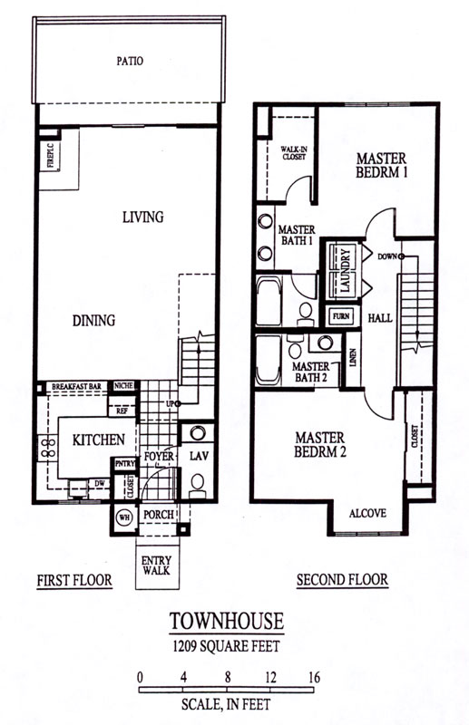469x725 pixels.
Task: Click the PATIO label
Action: click(130, 61)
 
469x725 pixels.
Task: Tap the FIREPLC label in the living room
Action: click(51, 156)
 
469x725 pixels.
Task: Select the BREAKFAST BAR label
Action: click(76, 386)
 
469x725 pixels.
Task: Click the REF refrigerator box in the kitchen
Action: click(122, 411)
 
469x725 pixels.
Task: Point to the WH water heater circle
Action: click(124, 517)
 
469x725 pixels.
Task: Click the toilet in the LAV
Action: click(198, 485)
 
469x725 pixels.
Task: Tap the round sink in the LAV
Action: click(198, 433)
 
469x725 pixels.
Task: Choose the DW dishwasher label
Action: click(100, 483)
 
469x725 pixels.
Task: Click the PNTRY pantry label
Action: click(124, 463)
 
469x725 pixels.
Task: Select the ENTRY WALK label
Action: click(157, 565)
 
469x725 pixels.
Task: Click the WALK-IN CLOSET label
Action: click(294, 153)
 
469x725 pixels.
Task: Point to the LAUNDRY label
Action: click(346, 270)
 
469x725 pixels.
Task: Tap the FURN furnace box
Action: click(342, 316)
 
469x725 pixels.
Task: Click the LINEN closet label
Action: click(353, 356)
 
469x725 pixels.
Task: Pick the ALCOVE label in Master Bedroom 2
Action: click(367, 513)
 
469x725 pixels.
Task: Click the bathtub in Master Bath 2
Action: click(269, 360)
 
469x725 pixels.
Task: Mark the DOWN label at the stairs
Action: click(387, 256)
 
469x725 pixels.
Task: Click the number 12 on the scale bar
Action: click(271, 678)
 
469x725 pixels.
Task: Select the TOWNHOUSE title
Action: click(227, 621)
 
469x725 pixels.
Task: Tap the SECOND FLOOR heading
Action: click(342, 579)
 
